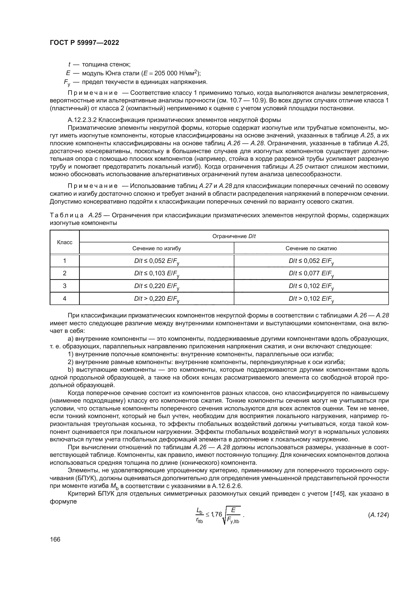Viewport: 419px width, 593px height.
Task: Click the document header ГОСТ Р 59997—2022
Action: click(84, 43)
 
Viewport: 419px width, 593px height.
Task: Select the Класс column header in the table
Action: click(65, 242)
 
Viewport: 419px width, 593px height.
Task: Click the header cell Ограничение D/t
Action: click(234, 236)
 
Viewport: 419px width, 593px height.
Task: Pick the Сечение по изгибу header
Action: click(157, 248)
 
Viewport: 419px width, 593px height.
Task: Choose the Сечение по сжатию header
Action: click(311, 248)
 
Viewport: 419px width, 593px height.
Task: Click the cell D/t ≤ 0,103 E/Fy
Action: click(157, 274)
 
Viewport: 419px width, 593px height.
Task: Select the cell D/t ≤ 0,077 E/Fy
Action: click(311, 274)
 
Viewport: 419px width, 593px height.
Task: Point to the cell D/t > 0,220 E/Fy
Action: click(157, 299)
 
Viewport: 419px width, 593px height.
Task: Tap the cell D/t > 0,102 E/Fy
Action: click(311, 299)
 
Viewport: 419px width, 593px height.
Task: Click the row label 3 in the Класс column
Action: click(65, 286)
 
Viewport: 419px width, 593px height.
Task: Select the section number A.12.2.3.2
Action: click(82, 120)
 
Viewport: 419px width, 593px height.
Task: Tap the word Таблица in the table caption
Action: click(67, 215)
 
